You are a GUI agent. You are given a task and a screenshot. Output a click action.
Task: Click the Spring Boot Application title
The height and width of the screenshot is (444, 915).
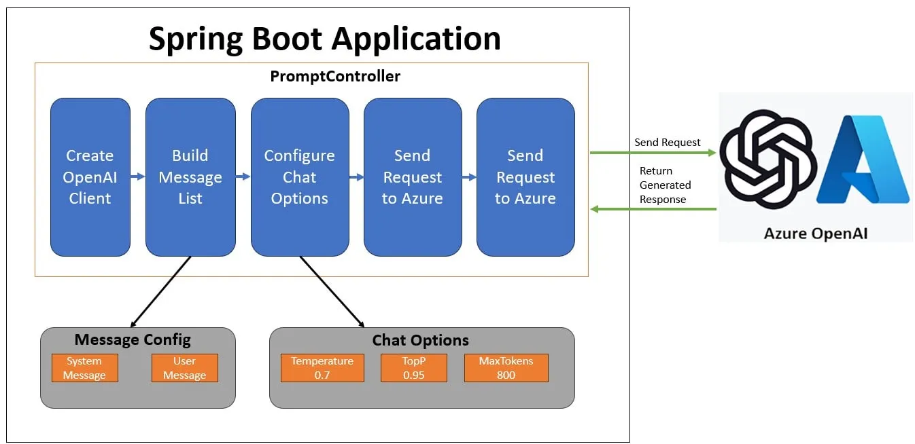click(324, 38)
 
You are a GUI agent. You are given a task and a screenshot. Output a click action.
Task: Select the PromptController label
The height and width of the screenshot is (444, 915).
click(335, 76)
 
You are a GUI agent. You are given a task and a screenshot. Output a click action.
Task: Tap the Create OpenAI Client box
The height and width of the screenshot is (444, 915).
click(90, 177)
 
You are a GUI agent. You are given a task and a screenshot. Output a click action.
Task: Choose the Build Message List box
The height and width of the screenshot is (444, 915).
click(190, 177)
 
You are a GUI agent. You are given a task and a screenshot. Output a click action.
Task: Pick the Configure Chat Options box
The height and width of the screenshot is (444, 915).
click(300, 177)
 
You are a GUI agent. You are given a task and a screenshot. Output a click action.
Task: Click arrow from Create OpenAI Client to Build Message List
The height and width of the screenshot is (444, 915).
click(137, 177)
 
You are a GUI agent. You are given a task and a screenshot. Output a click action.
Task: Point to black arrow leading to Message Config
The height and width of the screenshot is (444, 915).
click(160, 292)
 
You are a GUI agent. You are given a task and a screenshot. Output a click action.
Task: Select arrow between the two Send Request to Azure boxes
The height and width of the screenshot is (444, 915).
click(469, 177)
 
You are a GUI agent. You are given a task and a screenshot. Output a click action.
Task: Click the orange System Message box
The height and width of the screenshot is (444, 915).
click(84, 368)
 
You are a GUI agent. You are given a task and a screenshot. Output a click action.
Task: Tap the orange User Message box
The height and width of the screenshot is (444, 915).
click(184, 368)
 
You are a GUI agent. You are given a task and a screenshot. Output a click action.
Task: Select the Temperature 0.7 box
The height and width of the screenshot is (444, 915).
click(322, 368)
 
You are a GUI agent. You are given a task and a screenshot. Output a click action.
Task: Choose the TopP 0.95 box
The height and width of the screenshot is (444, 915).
click(413, 368)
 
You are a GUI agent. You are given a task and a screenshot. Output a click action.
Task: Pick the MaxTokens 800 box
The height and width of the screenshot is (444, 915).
click(506, 368)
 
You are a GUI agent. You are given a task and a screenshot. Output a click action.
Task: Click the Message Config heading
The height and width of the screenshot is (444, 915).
click(133, 339)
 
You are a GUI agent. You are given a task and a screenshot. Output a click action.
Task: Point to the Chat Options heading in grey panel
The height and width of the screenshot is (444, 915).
click(420, 340)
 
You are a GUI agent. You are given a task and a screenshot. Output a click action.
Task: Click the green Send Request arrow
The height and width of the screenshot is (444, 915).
click(653, 153)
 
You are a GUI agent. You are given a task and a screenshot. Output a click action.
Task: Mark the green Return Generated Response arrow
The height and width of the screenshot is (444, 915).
click(653, 209)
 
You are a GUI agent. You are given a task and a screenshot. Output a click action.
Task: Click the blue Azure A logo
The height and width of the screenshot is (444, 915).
click(863, 160)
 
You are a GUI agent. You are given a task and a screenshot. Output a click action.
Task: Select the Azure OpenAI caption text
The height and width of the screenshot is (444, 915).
click(816, 234)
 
